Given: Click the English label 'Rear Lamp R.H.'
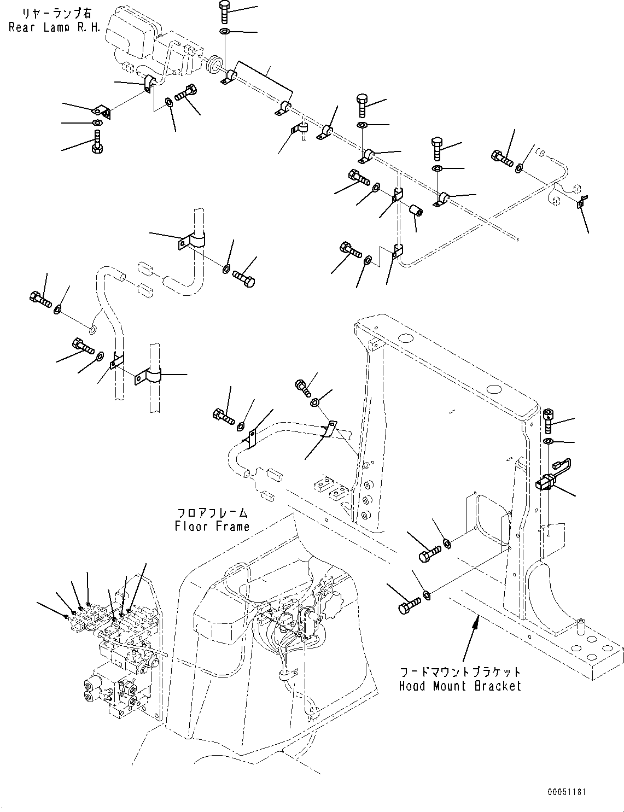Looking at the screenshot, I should [54, 27].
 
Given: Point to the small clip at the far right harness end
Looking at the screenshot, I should [582, 203].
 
